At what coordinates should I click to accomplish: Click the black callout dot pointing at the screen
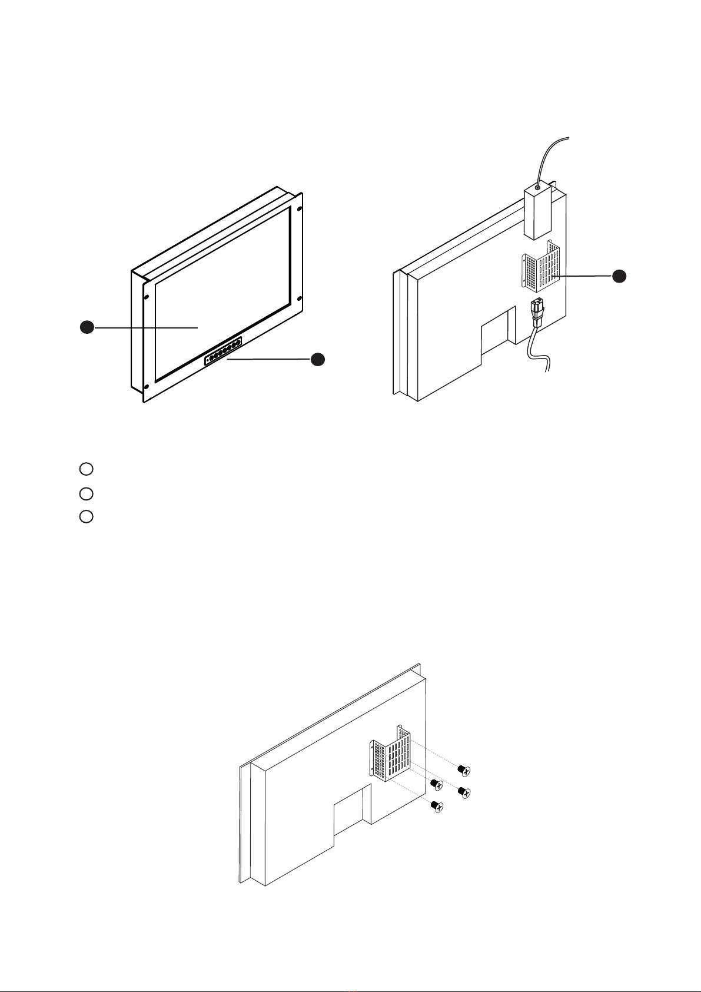(87, 327)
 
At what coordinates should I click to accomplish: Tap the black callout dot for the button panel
(318, 359)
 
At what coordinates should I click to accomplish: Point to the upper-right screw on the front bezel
(300, 209)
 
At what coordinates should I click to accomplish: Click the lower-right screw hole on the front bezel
(300, 299)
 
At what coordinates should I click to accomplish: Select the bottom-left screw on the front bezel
(146, 386)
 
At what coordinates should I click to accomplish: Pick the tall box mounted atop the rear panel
(537, 213)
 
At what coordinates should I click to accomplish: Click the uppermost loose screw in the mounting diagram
(464, 769)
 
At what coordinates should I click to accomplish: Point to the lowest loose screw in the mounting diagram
(437, 806)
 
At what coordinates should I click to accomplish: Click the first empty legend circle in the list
(86, 469)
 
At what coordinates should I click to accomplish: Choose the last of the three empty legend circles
(86, 516)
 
